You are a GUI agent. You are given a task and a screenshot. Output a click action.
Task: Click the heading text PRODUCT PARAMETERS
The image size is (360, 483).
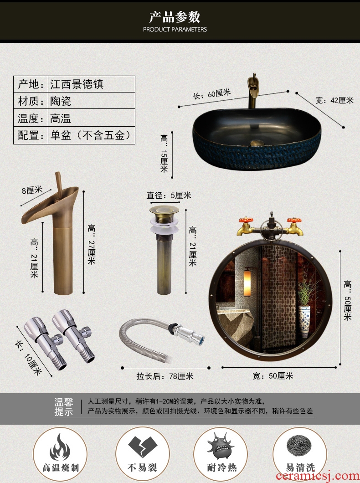(175, 30)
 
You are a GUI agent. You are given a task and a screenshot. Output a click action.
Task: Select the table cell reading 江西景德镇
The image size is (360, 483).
(77, 84)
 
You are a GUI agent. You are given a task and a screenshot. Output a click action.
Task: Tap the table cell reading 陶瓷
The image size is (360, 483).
(61, 101)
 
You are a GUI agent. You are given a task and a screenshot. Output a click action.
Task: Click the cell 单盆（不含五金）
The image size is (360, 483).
(91, 135)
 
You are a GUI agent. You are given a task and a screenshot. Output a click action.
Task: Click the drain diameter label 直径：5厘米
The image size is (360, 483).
(169, 195)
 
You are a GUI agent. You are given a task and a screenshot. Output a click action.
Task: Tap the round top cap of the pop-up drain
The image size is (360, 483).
(164, 211)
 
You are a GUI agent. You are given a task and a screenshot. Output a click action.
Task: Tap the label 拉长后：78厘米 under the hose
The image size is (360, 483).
(165, 376)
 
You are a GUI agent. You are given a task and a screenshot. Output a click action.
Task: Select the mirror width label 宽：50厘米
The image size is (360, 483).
(273, 376)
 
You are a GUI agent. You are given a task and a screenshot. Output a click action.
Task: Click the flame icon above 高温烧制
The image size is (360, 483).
(60, 447)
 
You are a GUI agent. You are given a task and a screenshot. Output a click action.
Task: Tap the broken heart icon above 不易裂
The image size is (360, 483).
(143, 447)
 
